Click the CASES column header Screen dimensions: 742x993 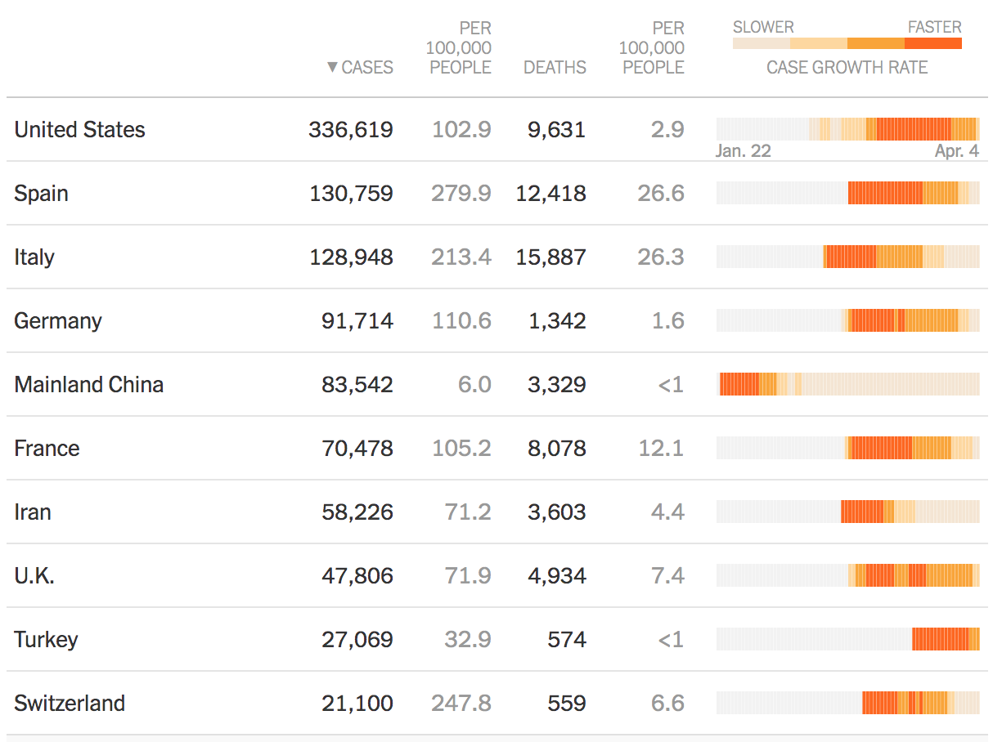click(x=367, y=68)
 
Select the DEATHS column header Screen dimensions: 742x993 click(x=555, y=68)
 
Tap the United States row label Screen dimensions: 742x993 click(x=79, y=130)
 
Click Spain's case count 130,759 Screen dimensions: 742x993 click(x=351, y=194)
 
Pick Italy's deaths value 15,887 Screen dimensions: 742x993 click(x=550, y=257)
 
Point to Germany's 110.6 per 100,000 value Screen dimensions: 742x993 click(x=461, y=321)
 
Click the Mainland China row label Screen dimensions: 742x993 click(x=88, y=385)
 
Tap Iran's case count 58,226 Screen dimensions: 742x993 click(x=357, y=512)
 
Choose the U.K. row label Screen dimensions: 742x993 click(x=34, y=576)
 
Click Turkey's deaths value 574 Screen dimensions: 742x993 click(x=567, y=640)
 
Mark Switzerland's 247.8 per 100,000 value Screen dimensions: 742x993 click(x=461, y=704)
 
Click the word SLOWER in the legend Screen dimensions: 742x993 click(x=763, y=27)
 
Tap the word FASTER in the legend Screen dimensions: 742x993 click(x=934, y=27)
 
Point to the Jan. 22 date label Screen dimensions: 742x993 click(x=743, y=151)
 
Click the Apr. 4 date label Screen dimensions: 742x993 click(x=957, y=151)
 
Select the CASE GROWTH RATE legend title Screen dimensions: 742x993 click(x=847, y=68)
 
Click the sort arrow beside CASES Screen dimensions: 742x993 click(x=332, y=68)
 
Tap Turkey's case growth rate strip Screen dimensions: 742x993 click(x=847, y=639)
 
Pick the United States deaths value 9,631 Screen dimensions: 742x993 click(x=556, y=130)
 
